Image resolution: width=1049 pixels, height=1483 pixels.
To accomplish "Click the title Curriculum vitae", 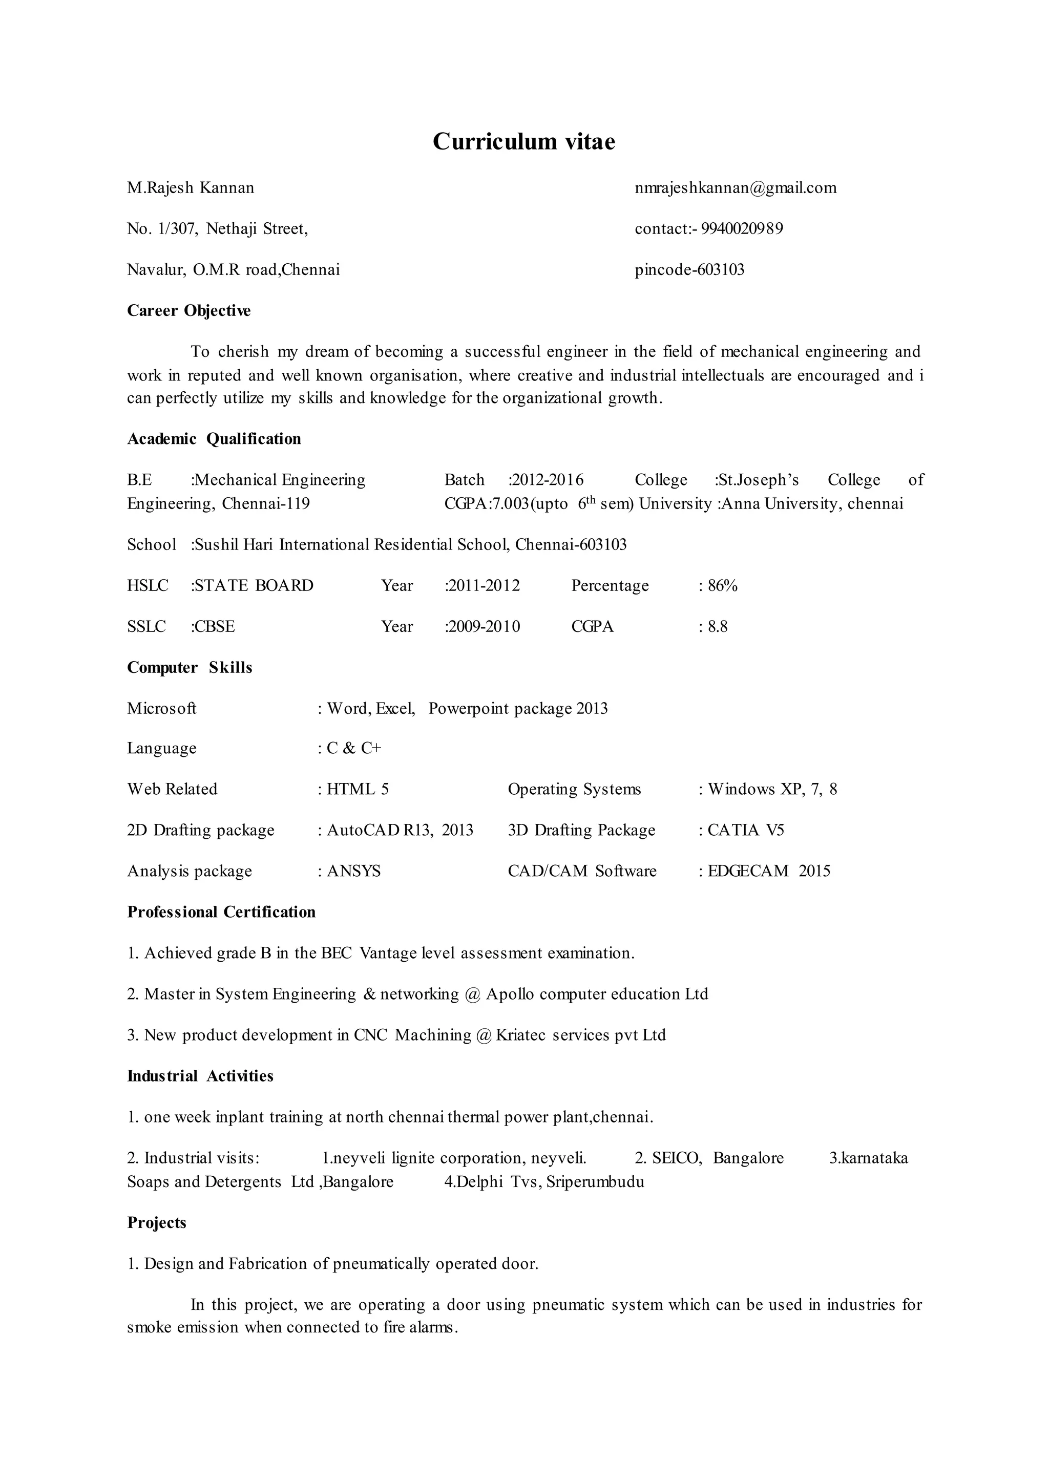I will tap(524, 141).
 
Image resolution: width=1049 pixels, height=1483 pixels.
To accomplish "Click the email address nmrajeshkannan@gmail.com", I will tap(735, 188).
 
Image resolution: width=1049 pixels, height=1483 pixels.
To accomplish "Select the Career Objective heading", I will tap(188, 311).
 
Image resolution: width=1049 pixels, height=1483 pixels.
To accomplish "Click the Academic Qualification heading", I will tap(214, 439).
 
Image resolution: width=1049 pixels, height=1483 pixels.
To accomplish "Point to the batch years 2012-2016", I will tap(547, 480).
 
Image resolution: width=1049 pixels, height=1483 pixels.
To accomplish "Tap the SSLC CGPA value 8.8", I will tap(717, 626).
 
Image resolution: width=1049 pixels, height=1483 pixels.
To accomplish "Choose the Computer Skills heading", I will tap(189, 668).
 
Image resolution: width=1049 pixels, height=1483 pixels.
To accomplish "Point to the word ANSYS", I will tap(353, 872).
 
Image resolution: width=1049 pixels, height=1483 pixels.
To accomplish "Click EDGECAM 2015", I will tap(769, 872).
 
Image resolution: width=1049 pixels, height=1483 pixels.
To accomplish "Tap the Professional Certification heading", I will tap(221, 912).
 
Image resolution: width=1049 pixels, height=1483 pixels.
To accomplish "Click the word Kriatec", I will tap(520, 1035).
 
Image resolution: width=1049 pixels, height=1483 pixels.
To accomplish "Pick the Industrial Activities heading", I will tap(200, 1076).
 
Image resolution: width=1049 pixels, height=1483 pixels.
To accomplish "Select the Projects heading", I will tap(156, 1223).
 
